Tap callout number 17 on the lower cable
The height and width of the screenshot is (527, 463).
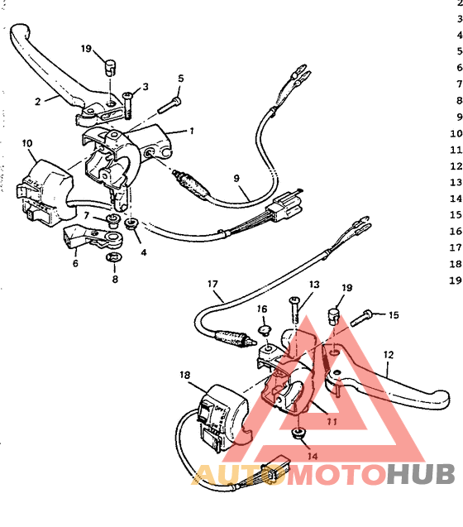point(215,294)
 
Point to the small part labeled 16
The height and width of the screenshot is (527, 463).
point(264,333)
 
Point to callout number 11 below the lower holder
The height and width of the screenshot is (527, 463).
point(332,420)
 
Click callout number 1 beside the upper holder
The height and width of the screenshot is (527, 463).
point(192,130)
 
